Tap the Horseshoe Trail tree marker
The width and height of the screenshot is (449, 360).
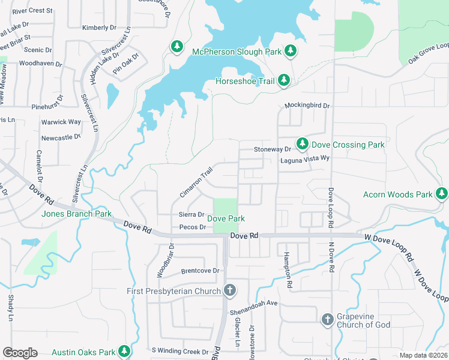point(284,80)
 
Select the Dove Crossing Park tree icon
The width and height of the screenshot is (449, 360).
point(303,144)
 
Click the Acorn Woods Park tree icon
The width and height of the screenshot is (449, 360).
point(442,194)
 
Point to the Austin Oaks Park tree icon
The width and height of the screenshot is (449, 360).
point(124,351)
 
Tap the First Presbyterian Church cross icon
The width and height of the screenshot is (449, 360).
point(229,291)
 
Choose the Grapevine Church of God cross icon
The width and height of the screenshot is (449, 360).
point(328,319)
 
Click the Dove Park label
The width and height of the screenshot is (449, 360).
point(226,219)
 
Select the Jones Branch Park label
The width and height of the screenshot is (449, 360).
point(76,214)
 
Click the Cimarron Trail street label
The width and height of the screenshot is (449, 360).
point(196,183)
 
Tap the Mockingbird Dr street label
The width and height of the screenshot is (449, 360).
point(307,106)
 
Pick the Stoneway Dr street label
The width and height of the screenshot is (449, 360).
point(272,149)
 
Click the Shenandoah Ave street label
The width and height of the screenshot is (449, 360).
point(256,303)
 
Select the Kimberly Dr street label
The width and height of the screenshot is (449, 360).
point(99,28)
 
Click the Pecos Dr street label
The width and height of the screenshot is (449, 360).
point(192,227)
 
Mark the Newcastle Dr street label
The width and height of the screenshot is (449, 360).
point(61,137)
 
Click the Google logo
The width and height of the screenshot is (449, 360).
point(20,353)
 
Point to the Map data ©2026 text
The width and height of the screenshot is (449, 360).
point(423,355)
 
